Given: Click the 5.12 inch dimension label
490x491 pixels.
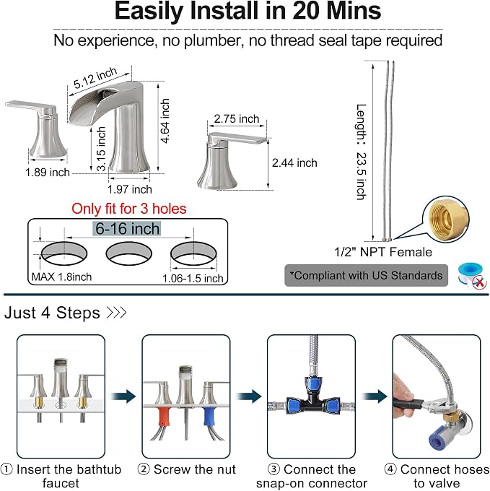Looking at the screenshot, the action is pos(95,77).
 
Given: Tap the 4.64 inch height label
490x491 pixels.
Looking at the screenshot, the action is pos(165,121).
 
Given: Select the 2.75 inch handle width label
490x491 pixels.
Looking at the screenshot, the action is pos(237,118).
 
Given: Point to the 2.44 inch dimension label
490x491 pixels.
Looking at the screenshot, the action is pos(294,163).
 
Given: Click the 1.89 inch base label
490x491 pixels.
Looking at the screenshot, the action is pos(48,173).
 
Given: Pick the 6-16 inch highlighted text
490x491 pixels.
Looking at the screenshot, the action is pos(127,229).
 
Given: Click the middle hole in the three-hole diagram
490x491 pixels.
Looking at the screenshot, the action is pos(129,253).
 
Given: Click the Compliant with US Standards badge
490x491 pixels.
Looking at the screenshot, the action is pos(366,275).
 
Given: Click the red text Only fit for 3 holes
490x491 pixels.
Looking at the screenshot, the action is pos(129,209).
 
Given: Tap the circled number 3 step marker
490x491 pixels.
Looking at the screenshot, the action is pos(274,469).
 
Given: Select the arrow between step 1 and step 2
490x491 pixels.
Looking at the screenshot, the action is pos(123,396).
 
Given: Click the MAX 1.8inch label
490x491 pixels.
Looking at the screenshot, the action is pos(61,277).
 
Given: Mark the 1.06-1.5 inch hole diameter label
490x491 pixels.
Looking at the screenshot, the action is pos(193,279).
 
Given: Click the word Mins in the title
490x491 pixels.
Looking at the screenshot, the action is pos(354,11).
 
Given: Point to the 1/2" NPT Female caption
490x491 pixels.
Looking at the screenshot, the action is pos(383,252).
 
